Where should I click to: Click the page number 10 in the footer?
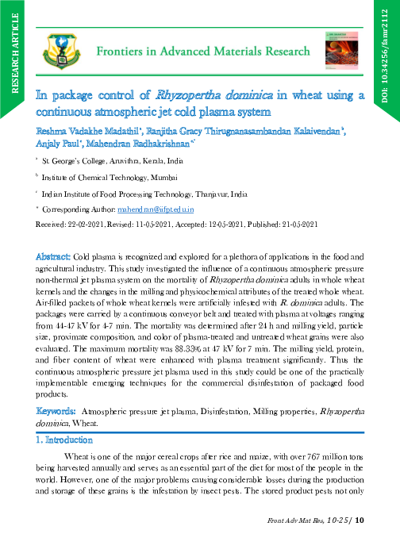[x=359, y=520]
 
